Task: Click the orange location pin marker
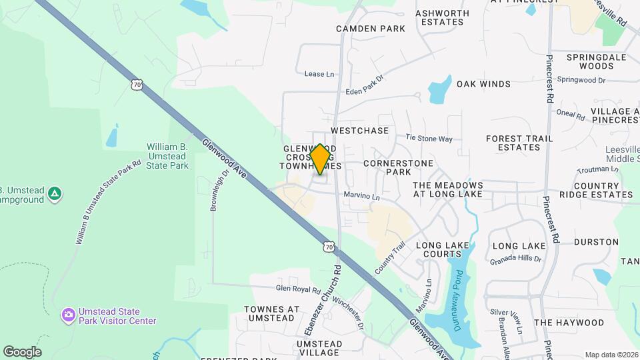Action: tap(320, 159)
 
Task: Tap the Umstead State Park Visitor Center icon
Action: tap(67, 315)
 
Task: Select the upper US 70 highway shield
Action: tap(137, 85)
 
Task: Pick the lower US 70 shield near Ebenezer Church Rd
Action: tap(328, 247)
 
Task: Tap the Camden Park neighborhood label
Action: tap(371, 29)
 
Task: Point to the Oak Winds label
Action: tap(483, 84)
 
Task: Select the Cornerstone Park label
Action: tap(399, 167)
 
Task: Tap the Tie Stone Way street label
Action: tap(429, 139)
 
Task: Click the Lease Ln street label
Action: tap(319, 74)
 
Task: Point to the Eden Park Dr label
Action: tap(365, 87)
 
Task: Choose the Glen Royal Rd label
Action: tap(299, 289)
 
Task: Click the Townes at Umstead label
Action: tap(272, 313)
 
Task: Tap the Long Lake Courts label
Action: tap(443, 249)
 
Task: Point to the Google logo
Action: tap(22, 351)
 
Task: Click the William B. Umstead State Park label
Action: tap(167, 156)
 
